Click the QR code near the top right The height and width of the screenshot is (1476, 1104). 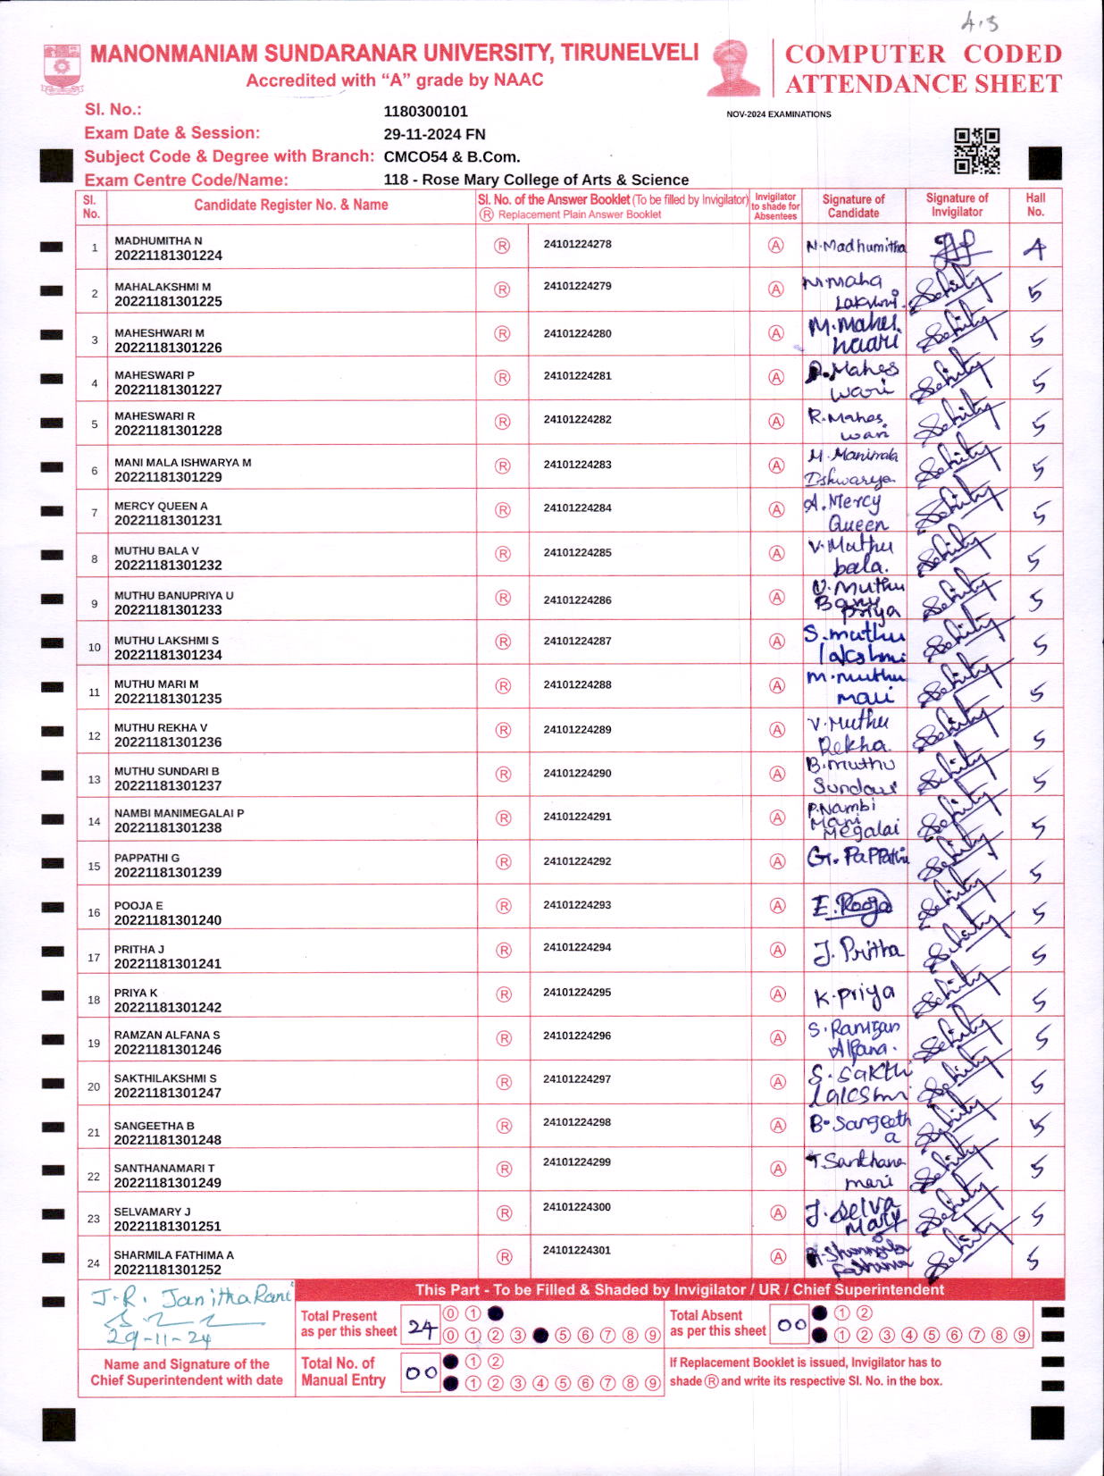975,150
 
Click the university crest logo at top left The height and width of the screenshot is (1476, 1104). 62,67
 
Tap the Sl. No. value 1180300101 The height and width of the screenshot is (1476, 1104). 425,112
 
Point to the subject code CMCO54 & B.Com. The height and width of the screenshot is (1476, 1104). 451,156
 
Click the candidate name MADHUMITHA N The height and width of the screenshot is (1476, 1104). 158,240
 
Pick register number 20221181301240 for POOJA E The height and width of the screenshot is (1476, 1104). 168,920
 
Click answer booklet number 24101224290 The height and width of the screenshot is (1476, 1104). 577,773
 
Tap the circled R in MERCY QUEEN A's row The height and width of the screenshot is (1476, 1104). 503,510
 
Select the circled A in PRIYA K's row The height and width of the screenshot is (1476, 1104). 777,994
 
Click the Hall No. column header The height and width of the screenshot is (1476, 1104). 1035,205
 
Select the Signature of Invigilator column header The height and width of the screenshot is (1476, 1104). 957,205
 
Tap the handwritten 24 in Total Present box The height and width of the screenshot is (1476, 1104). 422,1329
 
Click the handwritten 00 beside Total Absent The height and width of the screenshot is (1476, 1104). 791,1326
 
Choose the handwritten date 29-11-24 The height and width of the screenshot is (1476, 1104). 159,1338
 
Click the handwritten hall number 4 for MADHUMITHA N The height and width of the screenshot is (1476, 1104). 1035,248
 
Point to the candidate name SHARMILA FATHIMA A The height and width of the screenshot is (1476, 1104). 173,1255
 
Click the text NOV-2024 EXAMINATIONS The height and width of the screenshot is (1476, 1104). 778,114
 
